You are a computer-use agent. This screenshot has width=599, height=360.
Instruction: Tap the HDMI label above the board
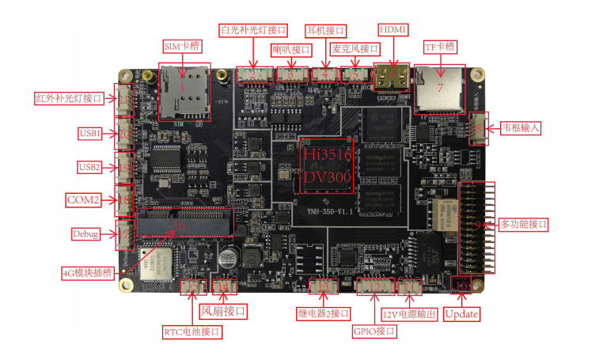click(x=392, y=29)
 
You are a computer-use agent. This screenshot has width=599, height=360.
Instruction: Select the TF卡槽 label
click(x=440, y=47)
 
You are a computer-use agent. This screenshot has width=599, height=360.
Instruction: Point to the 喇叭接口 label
click(x=290, y=49)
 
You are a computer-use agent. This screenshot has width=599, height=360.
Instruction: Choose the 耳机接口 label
click(x=325, y=30)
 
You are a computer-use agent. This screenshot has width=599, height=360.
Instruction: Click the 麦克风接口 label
click(x=355, y=49)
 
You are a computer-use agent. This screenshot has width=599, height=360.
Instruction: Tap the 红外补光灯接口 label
click(x=70, y=99)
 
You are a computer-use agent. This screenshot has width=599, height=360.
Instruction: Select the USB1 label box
click(x=89, y=133)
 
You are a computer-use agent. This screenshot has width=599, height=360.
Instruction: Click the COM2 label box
click(x=83, y=200)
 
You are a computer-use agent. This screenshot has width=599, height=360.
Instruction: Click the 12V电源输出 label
click(x=409, y=314)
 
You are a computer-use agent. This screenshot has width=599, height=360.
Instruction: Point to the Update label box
click(x=461, y=313)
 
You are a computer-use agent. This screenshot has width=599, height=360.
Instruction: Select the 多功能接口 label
click(x=522, y=225)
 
